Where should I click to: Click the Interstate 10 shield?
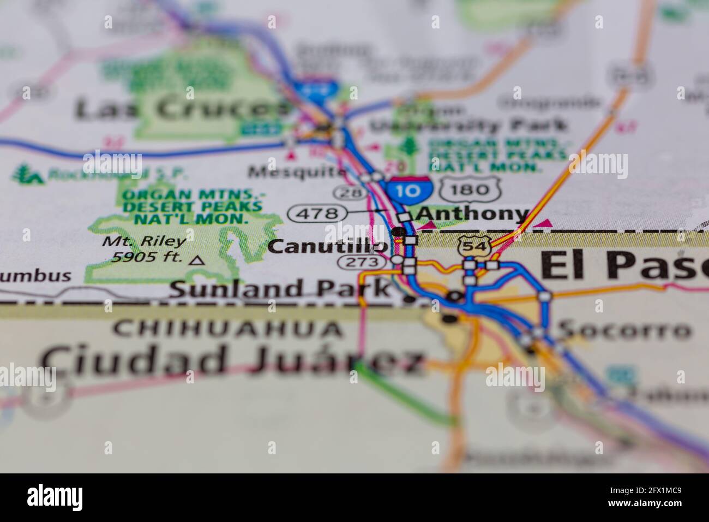click(x=410, y=189)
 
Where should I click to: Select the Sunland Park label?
click(x=280, y=288)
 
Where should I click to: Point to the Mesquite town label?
click(x=297, y=172)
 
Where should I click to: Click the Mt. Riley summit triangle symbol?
click(x=197, y=260)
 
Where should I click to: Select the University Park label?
click(x=468, y=126)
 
